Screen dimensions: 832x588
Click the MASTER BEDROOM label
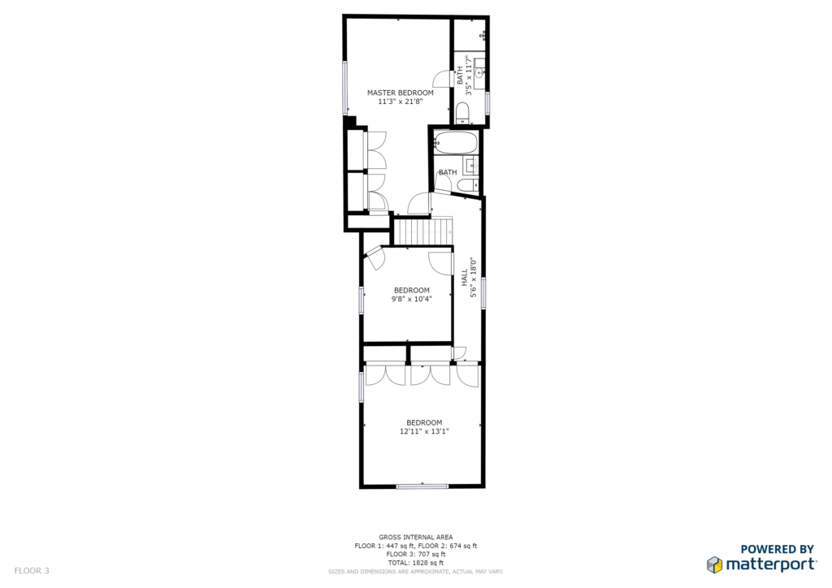(400, 93)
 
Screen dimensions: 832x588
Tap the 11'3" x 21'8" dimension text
(400, 102)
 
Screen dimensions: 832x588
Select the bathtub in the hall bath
(456, 142)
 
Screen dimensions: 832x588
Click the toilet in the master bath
(462, 112)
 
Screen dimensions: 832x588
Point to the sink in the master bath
(479, 72)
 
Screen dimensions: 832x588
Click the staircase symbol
(422, 231)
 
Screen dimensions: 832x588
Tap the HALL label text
(465, 278)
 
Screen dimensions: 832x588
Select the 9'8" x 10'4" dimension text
(412, 299)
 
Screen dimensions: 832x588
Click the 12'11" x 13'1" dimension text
(424, 431)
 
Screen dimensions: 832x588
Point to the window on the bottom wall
(422, 486)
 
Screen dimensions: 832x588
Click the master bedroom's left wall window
(344, 88)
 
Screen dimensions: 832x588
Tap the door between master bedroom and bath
(442, 79)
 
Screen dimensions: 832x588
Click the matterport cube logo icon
(714, 564)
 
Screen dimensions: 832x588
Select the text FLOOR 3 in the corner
(32, 571)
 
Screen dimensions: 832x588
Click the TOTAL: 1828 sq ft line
(416, 563)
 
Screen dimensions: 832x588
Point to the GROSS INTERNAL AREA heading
(416, 537)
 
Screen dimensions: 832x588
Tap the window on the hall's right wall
(483, 292)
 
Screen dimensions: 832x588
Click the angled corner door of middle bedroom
(375, 257)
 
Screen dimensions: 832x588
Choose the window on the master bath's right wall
(487, 103)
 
